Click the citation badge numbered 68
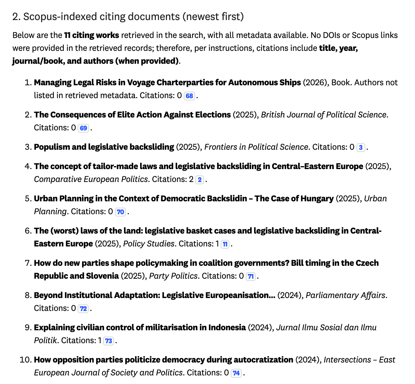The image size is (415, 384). pyautogui.click(x=189, y=96)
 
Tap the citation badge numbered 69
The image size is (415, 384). pyautogui.click(x=84, y=128)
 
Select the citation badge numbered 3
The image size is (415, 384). pyautogui.click(x=361, y=147)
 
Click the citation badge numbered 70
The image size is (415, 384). pyautogui.click(x=120, y=212)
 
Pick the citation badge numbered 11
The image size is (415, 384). pyautogui.click(x=225, y=244)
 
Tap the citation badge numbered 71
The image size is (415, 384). pyautogui.click(x=251, y=276)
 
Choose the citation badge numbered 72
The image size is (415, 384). pyautogui.click(x=84, y=308)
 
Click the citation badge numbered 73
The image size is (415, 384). pyautogui.click(x=109, y=341)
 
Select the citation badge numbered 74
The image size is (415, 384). pyautogui.click(x=236, y=373)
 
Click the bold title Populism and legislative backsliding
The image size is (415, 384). pyautogui.click(x=104, y=147)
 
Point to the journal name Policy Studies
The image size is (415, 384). pyautogui.click(x=149, y=244)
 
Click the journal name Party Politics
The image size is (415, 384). pyautogui.click(x=173, y=276)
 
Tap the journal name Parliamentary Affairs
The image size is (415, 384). pyautogui.click(x=345, y=295)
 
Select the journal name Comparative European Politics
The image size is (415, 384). pyautogui.click(x=91, y=179)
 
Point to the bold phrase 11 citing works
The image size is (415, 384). pyautogui.click(x=91, y=35)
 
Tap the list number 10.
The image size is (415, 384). pyautogui.click(x=25, y=360)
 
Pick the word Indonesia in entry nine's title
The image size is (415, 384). pyautogui.click(x=227, y=327)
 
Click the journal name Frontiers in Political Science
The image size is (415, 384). pyautogui.click(x=256, y=147)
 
